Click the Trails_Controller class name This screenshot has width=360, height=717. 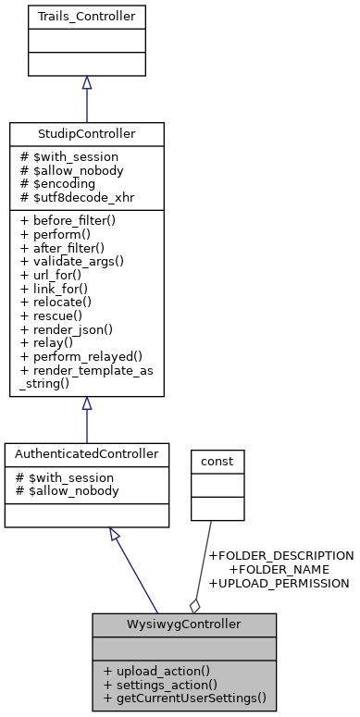[86, 17]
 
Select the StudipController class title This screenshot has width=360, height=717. [86, 134]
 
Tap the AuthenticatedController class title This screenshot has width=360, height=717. [86, 455]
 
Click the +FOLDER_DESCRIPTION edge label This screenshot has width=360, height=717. [281, 555]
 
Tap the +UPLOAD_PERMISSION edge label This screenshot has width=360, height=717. [279, 583]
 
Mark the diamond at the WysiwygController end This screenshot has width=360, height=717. [194, 605]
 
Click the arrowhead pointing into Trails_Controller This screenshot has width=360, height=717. [86, 83]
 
